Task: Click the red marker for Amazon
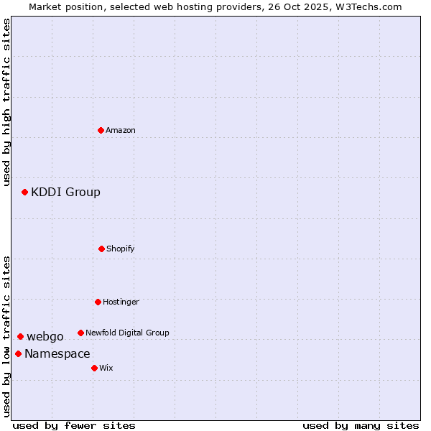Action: pyautogui.click(x=101, y=130)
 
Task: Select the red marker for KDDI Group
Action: pyautogui.click(x=24, y=192)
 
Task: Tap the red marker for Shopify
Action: pyautogui.click(x=101, y=249)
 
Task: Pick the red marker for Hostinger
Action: pyautogui.click(x=98, y=302)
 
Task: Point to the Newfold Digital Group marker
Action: pyautogui.click(x=80, y=333)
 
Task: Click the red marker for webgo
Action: pyautogui.click(x=20, y=336)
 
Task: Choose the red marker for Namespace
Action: pyautogui.click(x=18, y=353)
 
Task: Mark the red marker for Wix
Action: pyautogui.click(x=94, y=368)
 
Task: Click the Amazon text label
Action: pyautogui.click(x=121, y=130)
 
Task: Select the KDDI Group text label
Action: pyautogui.click(x=65, y=192)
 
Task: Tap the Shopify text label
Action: pyautogui.click(x=121, y=249)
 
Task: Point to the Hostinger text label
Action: pyautogui.click(x=121, y=302)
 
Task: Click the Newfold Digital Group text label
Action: pyautogui.click(x=127, y=333)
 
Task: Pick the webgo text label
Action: pyautogui.click(x=45, y=336)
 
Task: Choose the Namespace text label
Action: pyautogui.click(x=57, y=353)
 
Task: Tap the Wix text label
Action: pyautogui.click(x=106, y=368)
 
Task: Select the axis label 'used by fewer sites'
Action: pyautogui.click(x=74, y=425)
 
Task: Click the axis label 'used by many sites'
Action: pyautogui.click(x=361, y=425)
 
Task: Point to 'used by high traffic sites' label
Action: pyautogui.click(x=6, y=102)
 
